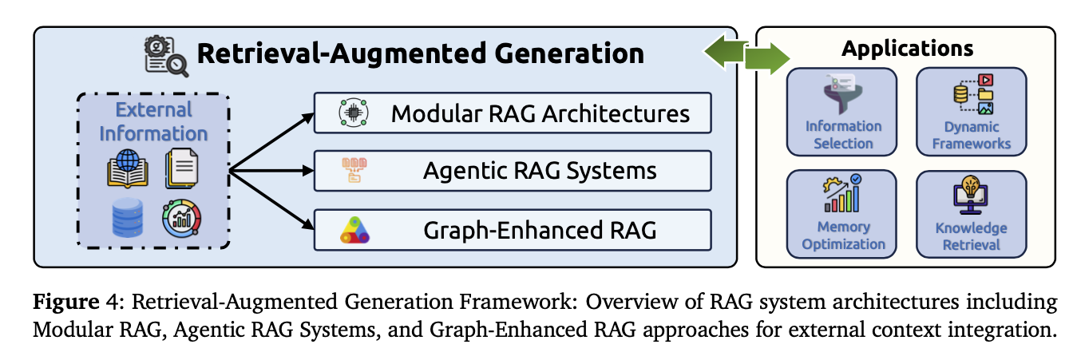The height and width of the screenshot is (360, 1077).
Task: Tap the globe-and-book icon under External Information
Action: [x=127, y=168]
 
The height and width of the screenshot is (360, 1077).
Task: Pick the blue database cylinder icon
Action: [x=127, y=218]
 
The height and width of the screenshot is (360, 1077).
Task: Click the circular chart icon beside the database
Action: [x=181, y=218]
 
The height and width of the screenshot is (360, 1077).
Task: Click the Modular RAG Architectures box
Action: [x=512, y=113]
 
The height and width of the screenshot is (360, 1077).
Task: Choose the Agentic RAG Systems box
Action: [x=512, y=171]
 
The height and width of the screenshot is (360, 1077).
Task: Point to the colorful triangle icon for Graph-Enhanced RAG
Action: [x=352, y=230]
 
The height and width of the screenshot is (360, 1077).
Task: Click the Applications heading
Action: [x=907, y=49]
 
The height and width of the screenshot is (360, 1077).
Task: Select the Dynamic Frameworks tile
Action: [x=970, y=112]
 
